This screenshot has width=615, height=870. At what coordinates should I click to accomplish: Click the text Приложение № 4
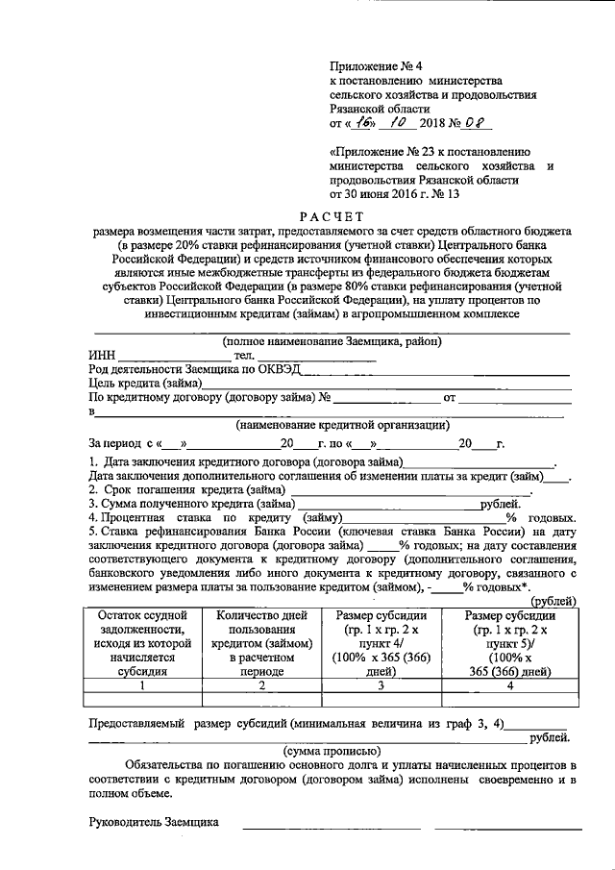tap(370, 65)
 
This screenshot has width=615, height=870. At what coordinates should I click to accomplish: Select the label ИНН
tap(102, 357)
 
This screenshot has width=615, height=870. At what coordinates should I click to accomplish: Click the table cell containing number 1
tap(141, 685)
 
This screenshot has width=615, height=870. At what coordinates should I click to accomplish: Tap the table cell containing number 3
tap(381, 685)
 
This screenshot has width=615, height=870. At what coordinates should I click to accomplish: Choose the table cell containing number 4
tap(510, 685)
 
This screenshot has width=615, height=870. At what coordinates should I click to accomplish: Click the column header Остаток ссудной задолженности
tap(141, 643)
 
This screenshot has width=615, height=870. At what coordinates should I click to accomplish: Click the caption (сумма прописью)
tap(332, 751)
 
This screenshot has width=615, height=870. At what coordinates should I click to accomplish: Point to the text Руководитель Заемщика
tap(154, 822)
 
